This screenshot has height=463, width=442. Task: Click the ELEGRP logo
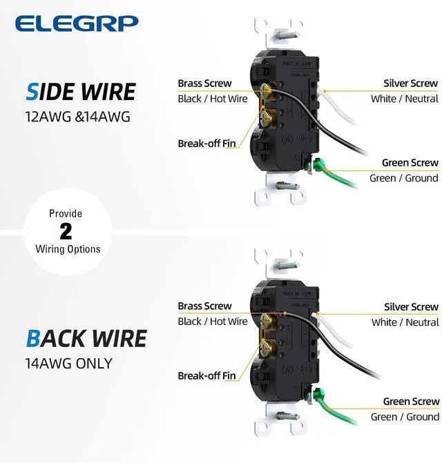pos(77,23)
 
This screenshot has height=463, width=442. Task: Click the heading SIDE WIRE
pos(81,92)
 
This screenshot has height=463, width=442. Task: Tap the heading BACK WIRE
pos(86,338)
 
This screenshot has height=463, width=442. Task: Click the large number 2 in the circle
pos(66,231)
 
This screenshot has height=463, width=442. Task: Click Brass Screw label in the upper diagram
pos(204,83)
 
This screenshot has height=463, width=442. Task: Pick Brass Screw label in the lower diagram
pos(204,306)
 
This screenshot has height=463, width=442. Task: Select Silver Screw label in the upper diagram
pos(411,83)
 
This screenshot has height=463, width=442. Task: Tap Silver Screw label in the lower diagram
pos(411,307)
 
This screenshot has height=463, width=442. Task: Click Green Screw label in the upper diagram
pos(410,163)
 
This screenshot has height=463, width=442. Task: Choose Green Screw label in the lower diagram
pos(411,402)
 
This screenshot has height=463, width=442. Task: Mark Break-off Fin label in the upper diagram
pos(206,144)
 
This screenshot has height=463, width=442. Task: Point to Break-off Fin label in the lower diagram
pos(206,376)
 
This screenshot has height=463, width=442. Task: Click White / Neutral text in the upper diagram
pos(404,99)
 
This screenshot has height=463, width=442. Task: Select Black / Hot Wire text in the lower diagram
pos(212,322)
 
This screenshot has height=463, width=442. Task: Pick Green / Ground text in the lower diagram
pos(404,417)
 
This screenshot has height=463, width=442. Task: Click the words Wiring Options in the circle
pos(68,249)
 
